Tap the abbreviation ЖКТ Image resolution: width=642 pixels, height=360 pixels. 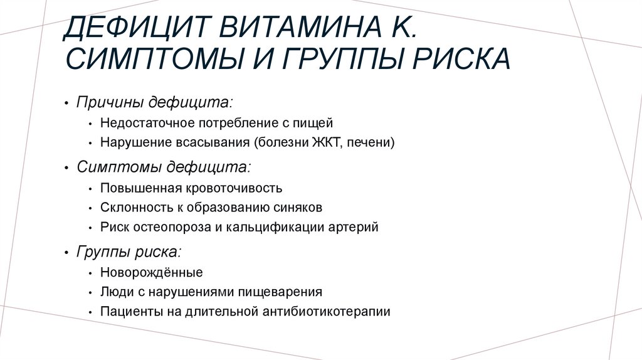tap(325, 143)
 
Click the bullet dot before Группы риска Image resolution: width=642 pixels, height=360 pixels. tap(66, 253)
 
